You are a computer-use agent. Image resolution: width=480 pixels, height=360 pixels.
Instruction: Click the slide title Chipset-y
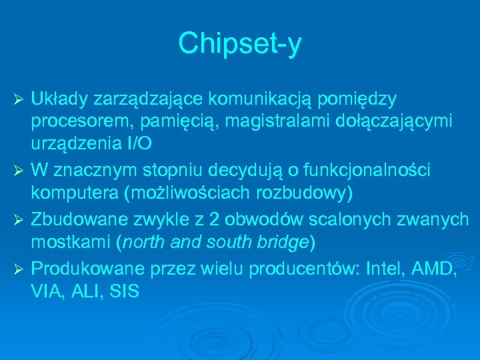point(239,45)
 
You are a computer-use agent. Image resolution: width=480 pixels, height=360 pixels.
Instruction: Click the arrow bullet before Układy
point(19,100)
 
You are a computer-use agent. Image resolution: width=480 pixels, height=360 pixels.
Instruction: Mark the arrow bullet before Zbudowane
point(19,220)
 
